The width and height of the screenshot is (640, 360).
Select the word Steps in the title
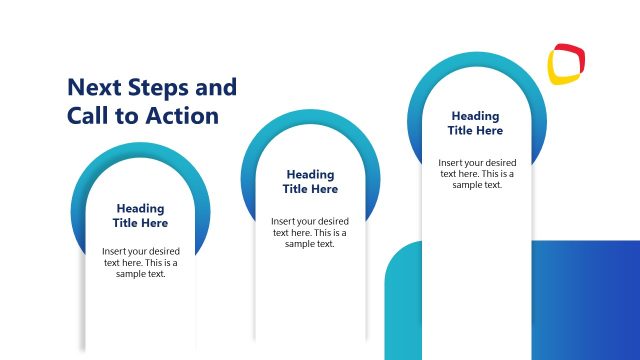point(158,87)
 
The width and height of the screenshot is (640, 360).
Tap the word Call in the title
point(89,115)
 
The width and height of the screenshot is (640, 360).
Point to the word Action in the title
point(181,115)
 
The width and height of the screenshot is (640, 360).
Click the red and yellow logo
point(567,64)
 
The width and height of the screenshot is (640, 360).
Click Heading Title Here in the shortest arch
point(140,215)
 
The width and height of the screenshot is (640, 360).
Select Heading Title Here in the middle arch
point(310,181)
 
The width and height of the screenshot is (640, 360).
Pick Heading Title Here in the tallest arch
point(475,123)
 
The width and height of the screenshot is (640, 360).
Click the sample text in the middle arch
point(310,231)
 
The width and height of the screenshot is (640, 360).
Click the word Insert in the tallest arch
point(451,162)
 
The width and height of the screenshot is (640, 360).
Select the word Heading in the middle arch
point(310,174)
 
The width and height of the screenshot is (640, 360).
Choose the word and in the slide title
point(217,87)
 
